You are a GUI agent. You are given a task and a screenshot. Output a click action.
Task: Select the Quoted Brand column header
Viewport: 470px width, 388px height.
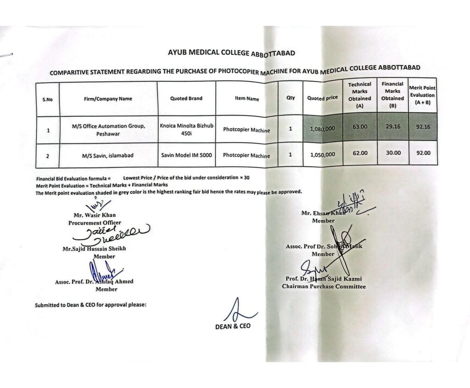186,98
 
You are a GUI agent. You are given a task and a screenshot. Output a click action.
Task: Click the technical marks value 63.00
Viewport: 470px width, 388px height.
360,127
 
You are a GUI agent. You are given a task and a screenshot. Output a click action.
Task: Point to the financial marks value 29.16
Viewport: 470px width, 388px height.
393,127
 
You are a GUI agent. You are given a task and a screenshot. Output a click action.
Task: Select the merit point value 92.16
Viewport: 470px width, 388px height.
423,127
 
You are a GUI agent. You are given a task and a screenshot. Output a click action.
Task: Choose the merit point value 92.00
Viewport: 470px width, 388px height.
423,153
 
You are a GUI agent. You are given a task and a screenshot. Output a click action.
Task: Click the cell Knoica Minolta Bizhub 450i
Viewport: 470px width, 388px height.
186,129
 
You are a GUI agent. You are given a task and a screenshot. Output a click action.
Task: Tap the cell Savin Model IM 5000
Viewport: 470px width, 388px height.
186,155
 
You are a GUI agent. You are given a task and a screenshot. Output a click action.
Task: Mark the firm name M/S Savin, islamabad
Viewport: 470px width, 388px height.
108,156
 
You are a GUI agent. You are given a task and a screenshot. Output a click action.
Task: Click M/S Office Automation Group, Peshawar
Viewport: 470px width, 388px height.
108,130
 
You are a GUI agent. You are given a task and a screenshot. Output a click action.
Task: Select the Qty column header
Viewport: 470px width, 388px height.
290,98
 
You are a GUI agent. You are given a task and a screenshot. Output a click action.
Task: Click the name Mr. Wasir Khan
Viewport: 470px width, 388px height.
95,215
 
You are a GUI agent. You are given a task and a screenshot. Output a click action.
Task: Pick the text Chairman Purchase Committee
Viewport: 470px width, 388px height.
324,286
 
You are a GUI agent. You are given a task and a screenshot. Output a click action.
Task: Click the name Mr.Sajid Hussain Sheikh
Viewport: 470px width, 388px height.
94,249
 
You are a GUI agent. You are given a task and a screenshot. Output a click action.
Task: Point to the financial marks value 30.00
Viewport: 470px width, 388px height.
393,153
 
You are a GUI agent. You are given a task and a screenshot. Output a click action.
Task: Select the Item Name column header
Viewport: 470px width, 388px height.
247,99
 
